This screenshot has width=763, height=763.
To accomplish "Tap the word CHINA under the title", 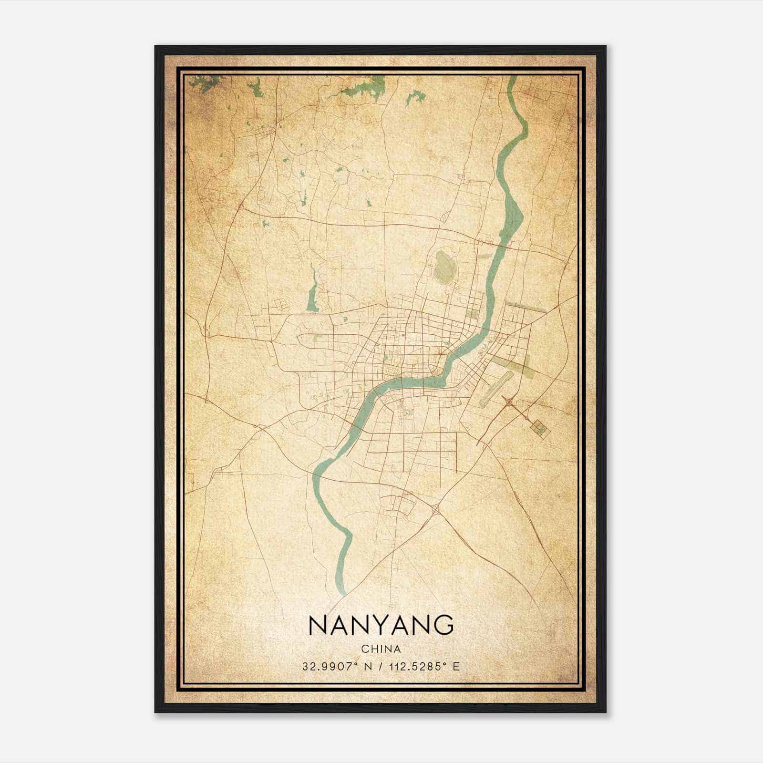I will point(381,649).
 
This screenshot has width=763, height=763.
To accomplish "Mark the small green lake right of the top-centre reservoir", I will point(415,98).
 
